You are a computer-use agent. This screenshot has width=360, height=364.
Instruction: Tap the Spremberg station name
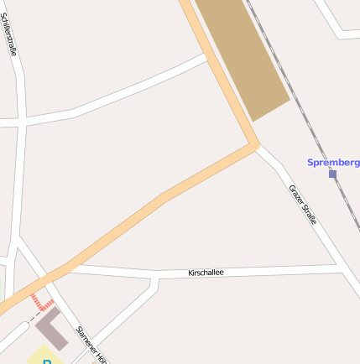(x=334, y=162)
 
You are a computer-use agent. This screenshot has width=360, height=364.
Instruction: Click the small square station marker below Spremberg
(x=332, y=174)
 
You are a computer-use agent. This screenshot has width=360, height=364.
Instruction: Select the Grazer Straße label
(x=303, y=205)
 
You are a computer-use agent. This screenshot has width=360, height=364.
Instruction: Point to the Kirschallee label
(x=206, y=273)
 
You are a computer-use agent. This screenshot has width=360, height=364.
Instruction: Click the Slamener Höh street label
(x=91, y=345)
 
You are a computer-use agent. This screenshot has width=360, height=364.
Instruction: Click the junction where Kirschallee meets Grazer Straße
(x=341, y=268)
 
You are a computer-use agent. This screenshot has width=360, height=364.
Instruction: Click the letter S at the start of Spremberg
(x=310, y=162)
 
